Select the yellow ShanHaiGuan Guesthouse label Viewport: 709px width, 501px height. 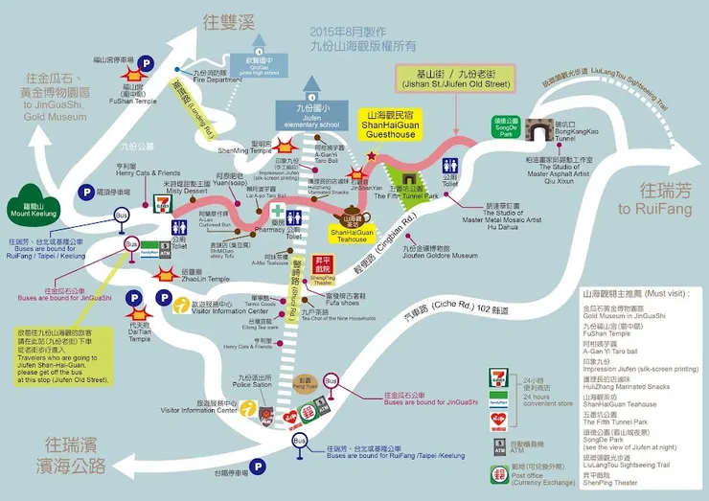(x=391, y=124)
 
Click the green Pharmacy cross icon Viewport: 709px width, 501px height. (x=278, y=213)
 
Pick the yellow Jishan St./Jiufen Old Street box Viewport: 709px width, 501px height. (x=456, y=78)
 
